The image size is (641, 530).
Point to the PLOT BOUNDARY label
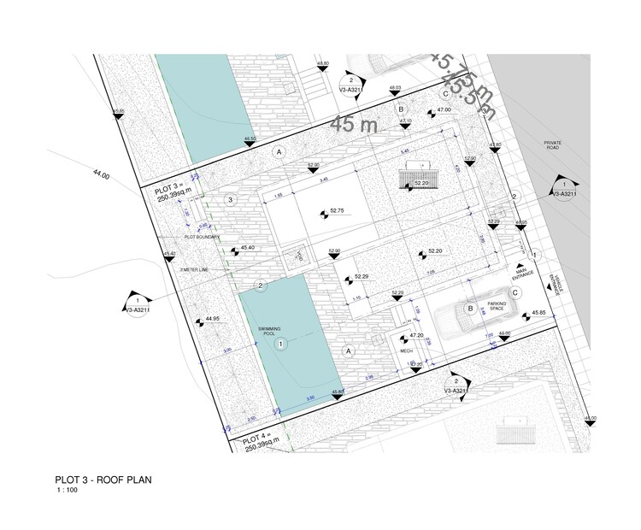202,237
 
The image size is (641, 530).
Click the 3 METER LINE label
195,270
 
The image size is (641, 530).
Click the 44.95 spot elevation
212,318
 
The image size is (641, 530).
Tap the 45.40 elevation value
248,248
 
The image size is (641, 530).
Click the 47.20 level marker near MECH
416,335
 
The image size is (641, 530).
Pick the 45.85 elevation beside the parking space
538,312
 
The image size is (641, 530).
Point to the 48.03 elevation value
395,88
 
